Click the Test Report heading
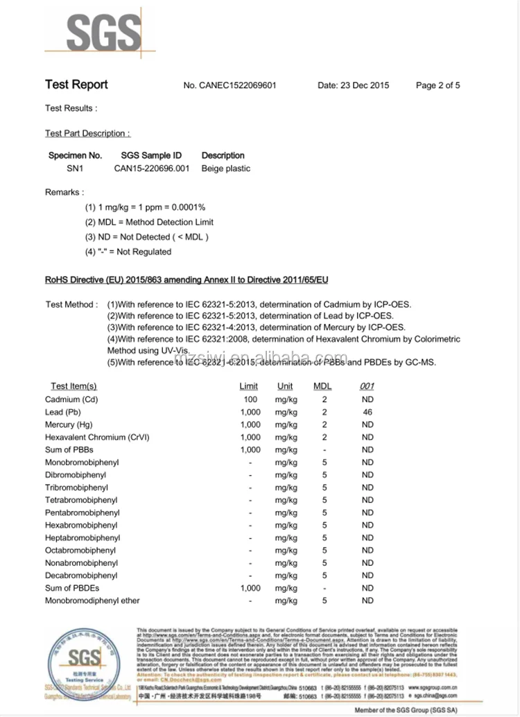coord(76,85)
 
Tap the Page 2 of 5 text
coord(437,86)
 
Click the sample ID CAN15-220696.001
coord(152,169)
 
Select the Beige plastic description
coord(226,169)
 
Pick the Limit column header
coord(249,386)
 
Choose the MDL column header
coord(323,386)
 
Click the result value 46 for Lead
coord(367,412)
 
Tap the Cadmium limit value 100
coord(250,399)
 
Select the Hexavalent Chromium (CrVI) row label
coord(97,437)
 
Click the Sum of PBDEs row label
coord(72,588)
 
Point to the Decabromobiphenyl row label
coord(81,576)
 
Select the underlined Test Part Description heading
coord(87,133)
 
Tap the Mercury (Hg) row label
coord(69,424)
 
